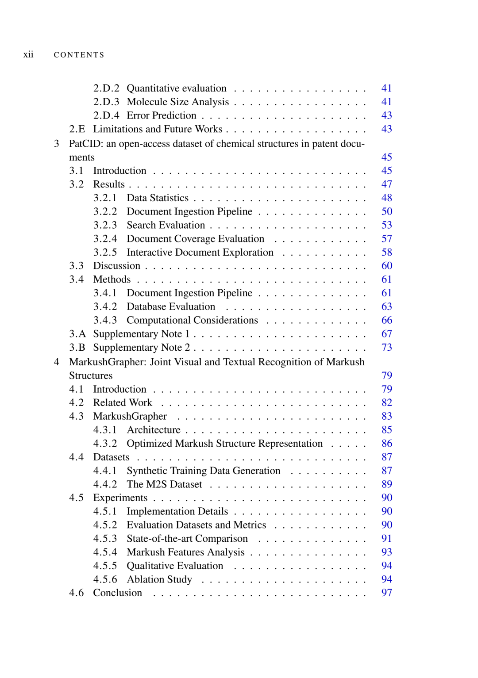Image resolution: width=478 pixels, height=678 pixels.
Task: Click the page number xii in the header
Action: pyautogui.click(x=28, y=54)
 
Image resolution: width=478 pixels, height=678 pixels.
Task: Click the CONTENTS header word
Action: pyautogui.click(x=79, y=55)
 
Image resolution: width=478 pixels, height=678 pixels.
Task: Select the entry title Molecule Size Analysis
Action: pyautogui.click(x=177, y=102)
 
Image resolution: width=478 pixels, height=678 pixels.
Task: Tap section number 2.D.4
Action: pyautogui.click(x=106, y=115)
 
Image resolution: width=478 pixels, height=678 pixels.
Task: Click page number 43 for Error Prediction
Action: pyautogui.click(x=386, y=115)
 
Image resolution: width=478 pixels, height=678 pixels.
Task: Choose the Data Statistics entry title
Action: pyautogui.click(x=158, y=198)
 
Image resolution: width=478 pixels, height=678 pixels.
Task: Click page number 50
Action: pyautogui.click(x=386, y=211)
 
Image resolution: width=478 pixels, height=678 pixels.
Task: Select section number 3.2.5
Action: pyautogui.click(x=105, y=252)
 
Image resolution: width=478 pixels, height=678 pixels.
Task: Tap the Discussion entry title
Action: pyautogui.click(x=116, y=266)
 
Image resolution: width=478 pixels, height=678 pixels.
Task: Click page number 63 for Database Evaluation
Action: pyautogui.click(x=386, y=306)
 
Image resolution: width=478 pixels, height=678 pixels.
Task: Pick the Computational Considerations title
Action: pyautogui.click(x=192, y=320)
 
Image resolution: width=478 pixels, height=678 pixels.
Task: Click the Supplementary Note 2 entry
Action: pyautogui.click(x=141, y=348)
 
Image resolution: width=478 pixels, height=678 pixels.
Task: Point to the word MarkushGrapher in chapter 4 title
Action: pyautogui.click(x=108, y=362)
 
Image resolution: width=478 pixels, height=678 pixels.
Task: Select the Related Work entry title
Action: pyautogui.click(x=123, y=403)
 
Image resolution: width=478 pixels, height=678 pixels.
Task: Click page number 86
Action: pyautogui.click(x=386, y=444)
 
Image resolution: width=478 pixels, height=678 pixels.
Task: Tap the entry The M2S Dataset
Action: pyautogui.click(x=164, y=484)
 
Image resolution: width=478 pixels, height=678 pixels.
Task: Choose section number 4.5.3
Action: pyautogui.click(x=105, y=539)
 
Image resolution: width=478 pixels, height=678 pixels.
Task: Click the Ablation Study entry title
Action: pyautogui.click(x=159, y=579)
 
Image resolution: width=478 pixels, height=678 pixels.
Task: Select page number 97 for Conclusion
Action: pyautogui.click(x=386, y=593)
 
